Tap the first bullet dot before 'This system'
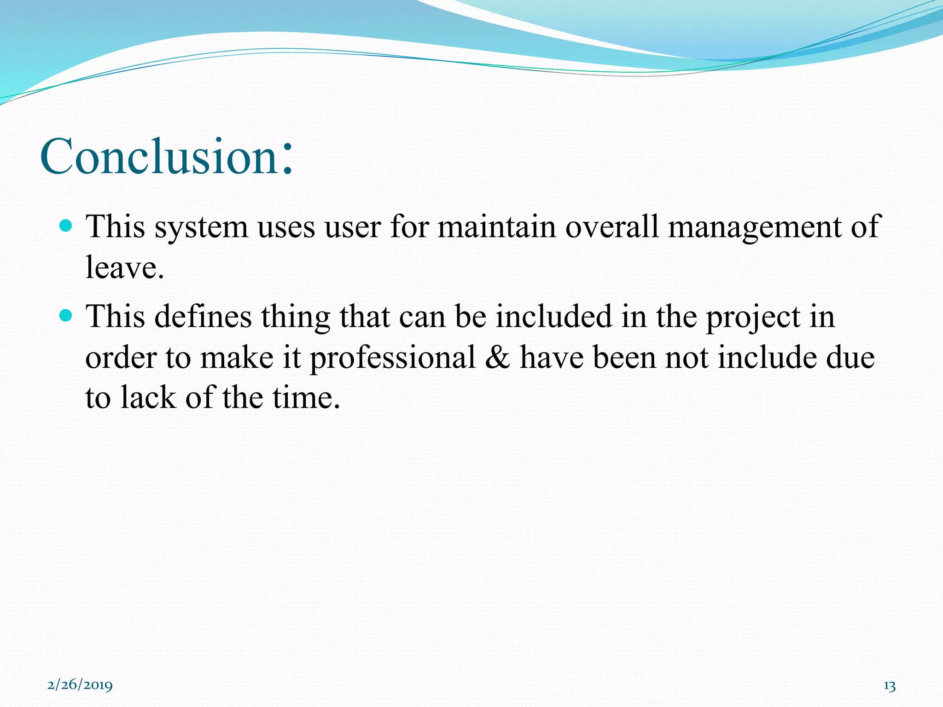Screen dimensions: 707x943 [x=66, y=226]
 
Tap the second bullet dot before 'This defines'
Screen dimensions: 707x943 [x=66, y=316]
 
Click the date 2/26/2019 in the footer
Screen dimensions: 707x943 [x=80, y=684]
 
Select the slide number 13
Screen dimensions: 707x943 [x=890, y=686]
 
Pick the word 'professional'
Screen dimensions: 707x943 [x=393, y=358]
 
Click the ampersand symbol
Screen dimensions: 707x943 [x=498, y=357]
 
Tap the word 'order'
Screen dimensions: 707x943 [x=121, y=358]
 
